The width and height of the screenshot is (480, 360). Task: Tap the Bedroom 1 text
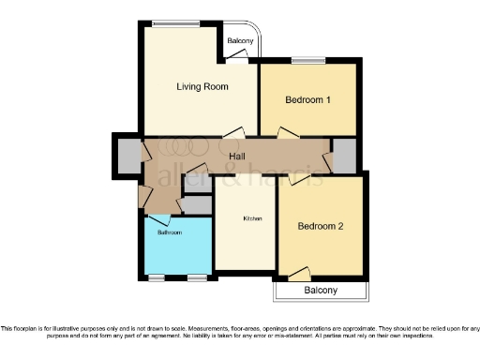tap(308, 99)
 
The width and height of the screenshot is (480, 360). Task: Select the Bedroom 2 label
tap(321, 226)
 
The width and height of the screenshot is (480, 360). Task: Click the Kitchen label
tap(253, 218)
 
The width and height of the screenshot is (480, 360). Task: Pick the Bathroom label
tap(170, 232)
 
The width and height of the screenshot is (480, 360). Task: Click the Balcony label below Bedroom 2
tap(321, 291)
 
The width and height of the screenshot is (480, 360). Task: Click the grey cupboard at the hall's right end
tap(345, 156)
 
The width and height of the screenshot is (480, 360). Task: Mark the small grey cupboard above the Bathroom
tap(197, 203)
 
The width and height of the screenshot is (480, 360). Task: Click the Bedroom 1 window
tap(307, 62)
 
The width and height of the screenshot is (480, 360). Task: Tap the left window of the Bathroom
tap(157, 277)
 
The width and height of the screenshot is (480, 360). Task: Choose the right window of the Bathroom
tap(197, 277)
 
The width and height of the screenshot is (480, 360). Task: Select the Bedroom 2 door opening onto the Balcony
tap(299, 274)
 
